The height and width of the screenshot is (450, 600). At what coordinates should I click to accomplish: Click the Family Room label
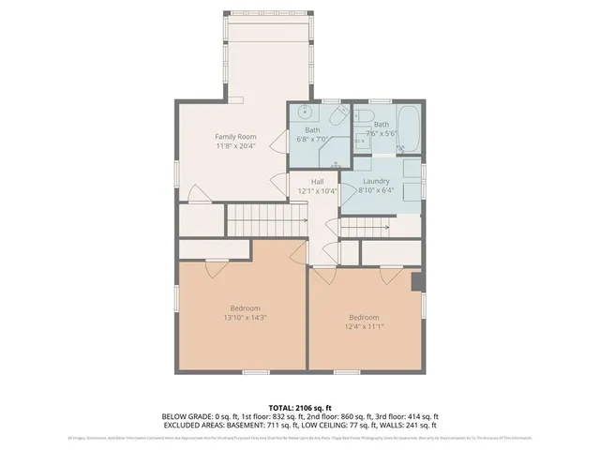point(236,137)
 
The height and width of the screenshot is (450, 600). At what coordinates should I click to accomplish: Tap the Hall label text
point(317,182)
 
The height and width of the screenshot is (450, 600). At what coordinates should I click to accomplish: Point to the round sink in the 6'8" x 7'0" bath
point(304,112)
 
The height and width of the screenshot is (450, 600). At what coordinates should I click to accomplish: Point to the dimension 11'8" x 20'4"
point(236,146)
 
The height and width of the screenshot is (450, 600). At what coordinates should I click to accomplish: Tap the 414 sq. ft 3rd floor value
point(419,416)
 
